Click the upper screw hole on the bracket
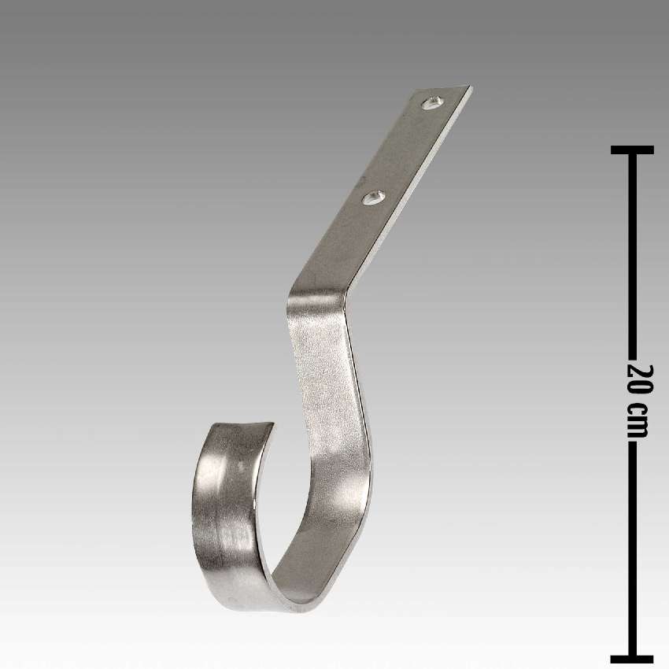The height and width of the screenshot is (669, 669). pos(432,102)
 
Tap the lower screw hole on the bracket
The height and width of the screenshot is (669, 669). pos(373,198)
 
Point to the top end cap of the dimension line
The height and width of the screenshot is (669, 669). pos(632,150)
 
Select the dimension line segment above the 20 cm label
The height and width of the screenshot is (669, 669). pos(632,252)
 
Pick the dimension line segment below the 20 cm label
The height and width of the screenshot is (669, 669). pos(632,551)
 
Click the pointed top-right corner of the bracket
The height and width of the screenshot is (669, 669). pos(470,87)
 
